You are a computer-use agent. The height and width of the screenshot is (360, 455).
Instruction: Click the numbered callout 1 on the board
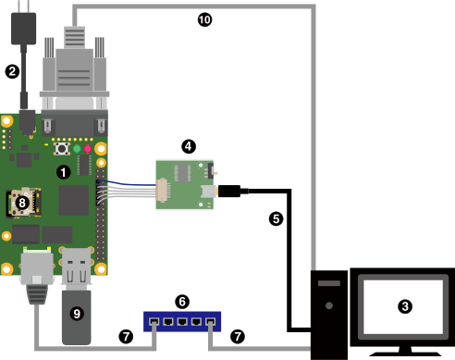pos(64,172)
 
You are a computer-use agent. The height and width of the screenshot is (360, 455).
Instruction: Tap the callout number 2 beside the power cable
pos(12,71)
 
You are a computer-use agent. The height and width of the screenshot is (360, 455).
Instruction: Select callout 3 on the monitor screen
pos(405,306)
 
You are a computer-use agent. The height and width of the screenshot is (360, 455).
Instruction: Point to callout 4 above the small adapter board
pos(189,146)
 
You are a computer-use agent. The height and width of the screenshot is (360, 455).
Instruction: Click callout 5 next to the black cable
pos(276,219)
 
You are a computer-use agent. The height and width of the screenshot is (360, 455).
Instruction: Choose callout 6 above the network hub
pos(182,302)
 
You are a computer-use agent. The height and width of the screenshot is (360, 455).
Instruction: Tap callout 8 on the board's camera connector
pos(22,203)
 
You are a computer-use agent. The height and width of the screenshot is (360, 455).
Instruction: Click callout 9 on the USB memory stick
pos(77,314)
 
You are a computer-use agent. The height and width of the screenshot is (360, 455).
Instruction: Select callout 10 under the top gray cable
pos(204,20)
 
